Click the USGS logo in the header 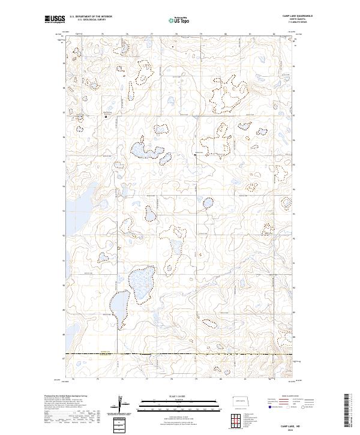point(55,19)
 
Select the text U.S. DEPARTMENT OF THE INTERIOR point(91,16)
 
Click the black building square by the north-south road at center point(195,155)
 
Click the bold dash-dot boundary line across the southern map point(180,354)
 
